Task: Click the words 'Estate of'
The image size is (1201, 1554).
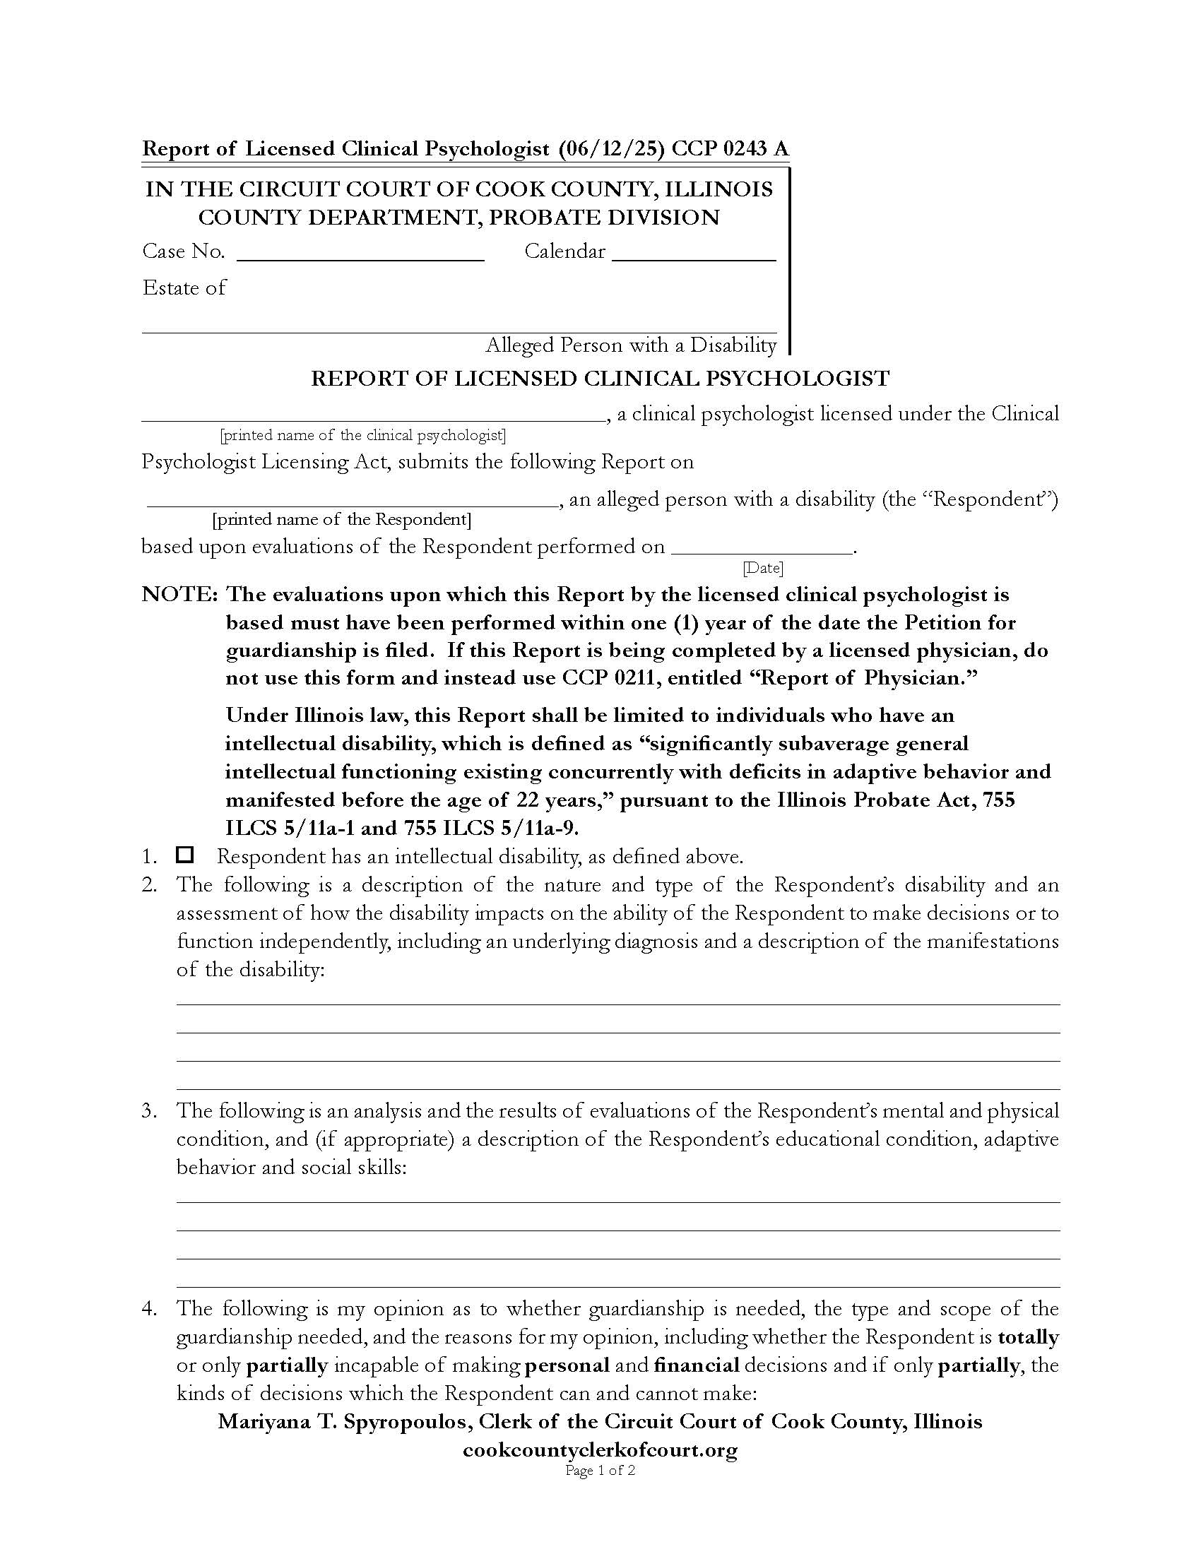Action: click(184, 287)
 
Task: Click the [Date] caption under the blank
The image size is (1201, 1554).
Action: click(763, 568)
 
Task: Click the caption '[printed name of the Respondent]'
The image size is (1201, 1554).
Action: click(341, 519)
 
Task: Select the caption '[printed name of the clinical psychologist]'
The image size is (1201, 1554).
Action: click(363, 434)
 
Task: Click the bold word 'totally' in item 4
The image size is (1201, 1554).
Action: click(1028, 1337)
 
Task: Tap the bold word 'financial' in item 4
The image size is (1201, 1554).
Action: click(696, 1365)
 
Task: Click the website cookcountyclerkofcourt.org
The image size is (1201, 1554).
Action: click(600, 1449)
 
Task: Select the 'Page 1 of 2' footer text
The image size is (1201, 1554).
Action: click(600, 1470)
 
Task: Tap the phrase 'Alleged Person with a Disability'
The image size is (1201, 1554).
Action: click(630, 345)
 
